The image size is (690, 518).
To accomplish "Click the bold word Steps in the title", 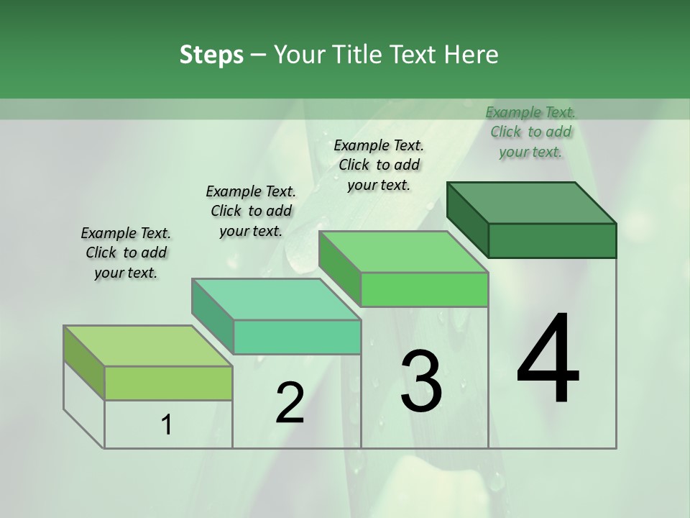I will coord(211,55).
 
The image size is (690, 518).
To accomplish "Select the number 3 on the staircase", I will coord(420,381).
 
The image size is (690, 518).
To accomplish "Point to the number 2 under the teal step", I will coord(290,403).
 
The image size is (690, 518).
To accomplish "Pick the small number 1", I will coord(167,425).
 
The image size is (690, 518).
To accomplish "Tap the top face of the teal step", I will coord(277,299).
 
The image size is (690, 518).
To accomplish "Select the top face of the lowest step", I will coord(148,346).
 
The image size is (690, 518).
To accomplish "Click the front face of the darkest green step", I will coord(552,240).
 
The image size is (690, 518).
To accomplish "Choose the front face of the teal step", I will coord(297,337).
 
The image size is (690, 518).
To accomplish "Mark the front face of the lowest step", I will coord(168,383).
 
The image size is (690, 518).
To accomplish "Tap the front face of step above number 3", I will coord(424,289).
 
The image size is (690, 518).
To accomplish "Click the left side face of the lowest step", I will coord(84,363).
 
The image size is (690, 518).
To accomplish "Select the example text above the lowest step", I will coord(126,253).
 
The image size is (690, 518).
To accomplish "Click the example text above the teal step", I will coord(251,211).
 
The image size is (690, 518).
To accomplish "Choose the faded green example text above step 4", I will coord(530,132).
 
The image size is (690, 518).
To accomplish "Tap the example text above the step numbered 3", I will coord(379,165).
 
